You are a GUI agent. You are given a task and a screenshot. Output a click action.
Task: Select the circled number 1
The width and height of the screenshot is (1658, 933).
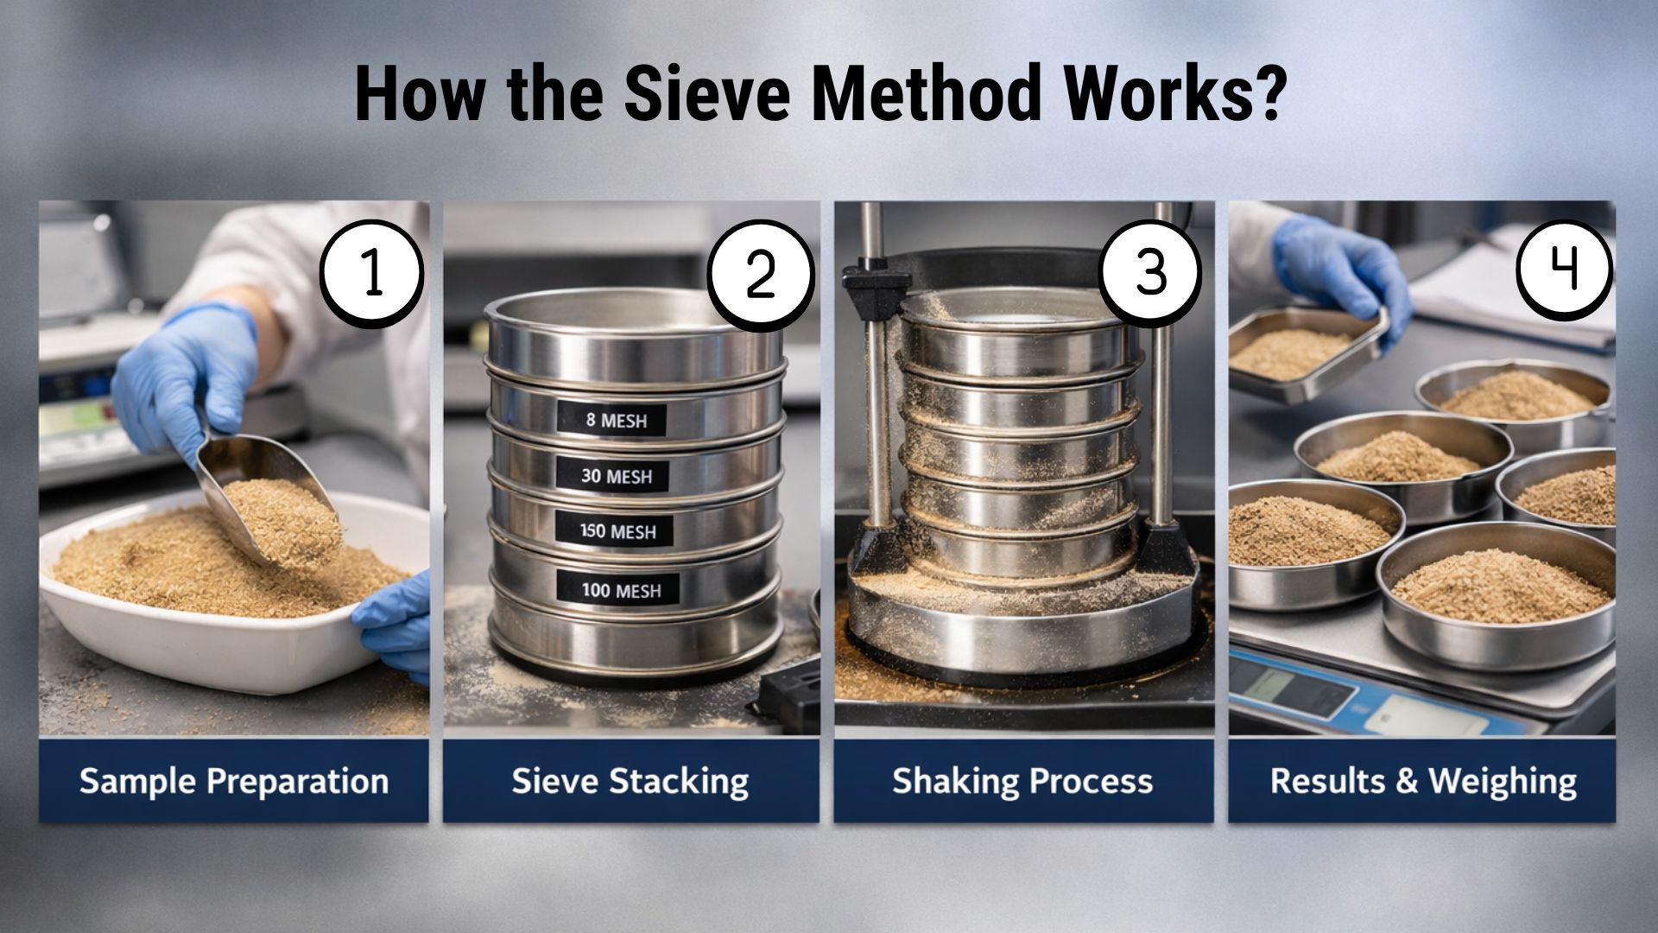click(372, 273)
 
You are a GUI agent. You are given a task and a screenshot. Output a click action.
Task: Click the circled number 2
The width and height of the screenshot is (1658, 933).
click(760, 274)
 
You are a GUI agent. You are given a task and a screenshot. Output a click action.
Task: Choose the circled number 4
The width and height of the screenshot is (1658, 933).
click(1565, 269)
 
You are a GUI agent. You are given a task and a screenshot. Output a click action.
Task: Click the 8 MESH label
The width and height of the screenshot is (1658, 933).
click(614, 421)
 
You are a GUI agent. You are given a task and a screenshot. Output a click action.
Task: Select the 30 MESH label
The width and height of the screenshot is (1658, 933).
click(617, 476)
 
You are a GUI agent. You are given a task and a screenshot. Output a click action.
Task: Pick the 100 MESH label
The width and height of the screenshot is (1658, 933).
click(620, 591)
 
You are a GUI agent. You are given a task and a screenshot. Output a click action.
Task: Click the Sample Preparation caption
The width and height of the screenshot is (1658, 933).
click(234, 782)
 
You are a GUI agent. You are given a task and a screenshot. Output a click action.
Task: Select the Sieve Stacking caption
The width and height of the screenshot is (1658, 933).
click(630, 782)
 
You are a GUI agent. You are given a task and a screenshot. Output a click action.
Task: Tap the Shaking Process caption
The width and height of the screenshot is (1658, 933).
click(1022, 781)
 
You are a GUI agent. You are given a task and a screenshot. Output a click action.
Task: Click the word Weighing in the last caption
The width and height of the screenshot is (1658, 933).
click(1503, 782)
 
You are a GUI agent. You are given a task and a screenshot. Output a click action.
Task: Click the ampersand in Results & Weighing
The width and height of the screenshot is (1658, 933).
click(1406, 781)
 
